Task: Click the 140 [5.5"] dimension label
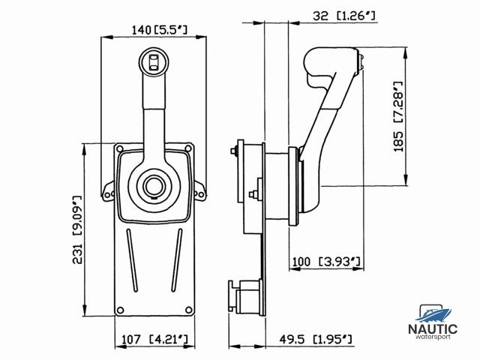[x=159, y=30]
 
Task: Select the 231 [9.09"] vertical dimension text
[x=77, y=230]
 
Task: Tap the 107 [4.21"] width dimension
[x=154, y=339]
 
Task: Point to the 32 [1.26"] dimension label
[x=343, y=15]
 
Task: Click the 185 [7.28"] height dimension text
[x=398, y=116]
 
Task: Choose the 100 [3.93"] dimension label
[x=326, y=262]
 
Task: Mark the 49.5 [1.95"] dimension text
[x=316, y=339]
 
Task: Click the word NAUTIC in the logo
[x=433, y=329]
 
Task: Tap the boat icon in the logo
[x=433, y=313]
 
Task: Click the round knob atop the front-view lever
[x=154, y=62]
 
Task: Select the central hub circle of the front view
[x=154, y=186]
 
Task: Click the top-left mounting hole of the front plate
[x=120, y=149]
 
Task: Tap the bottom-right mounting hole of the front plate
[x=188, y=310]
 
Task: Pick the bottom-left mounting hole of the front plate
[x=120, y=310]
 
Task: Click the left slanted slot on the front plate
[x=132, y=260]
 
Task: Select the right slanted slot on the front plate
[x=177, y=260]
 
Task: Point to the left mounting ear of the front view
[x=108, y=191]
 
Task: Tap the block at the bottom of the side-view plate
[x=246, y=296]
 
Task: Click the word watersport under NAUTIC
[x=433, y=337]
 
